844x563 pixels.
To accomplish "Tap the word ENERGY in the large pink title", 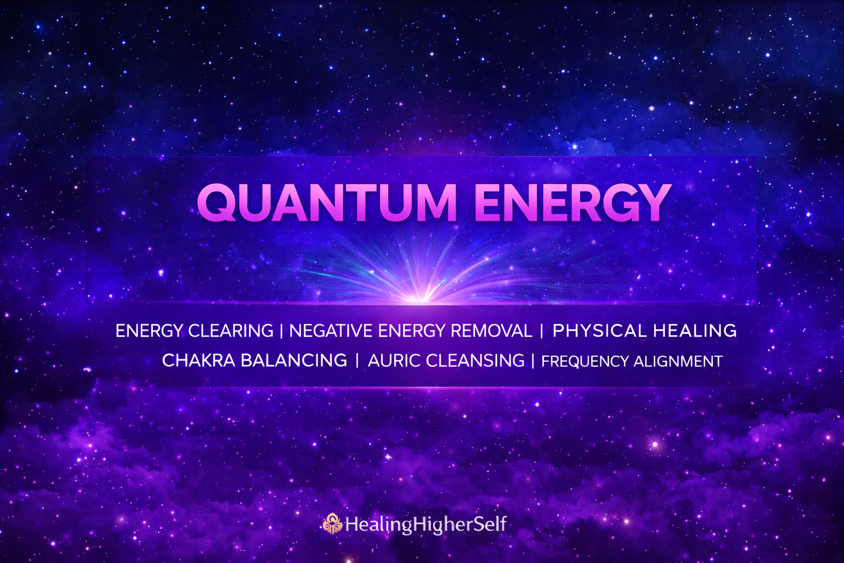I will [x=573, y=202].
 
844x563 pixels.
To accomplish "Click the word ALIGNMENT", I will [x=678, y=362].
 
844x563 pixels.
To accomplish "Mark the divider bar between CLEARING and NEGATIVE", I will [x=281, y=331].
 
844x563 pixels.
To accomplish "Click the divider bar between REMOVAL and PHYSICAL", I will [x=542, y=331].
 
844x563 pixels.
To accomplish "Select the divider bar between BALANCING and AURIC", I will [x=357, y=361].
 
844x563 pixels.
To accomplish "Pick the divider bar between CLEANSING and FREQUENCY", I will [x=532, y=361].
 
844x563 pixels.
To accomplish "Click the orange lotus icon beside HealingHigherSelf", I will [x=332, y=524].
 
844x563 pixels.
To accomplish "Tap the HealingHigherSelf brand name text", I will [x=426, y=524].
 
